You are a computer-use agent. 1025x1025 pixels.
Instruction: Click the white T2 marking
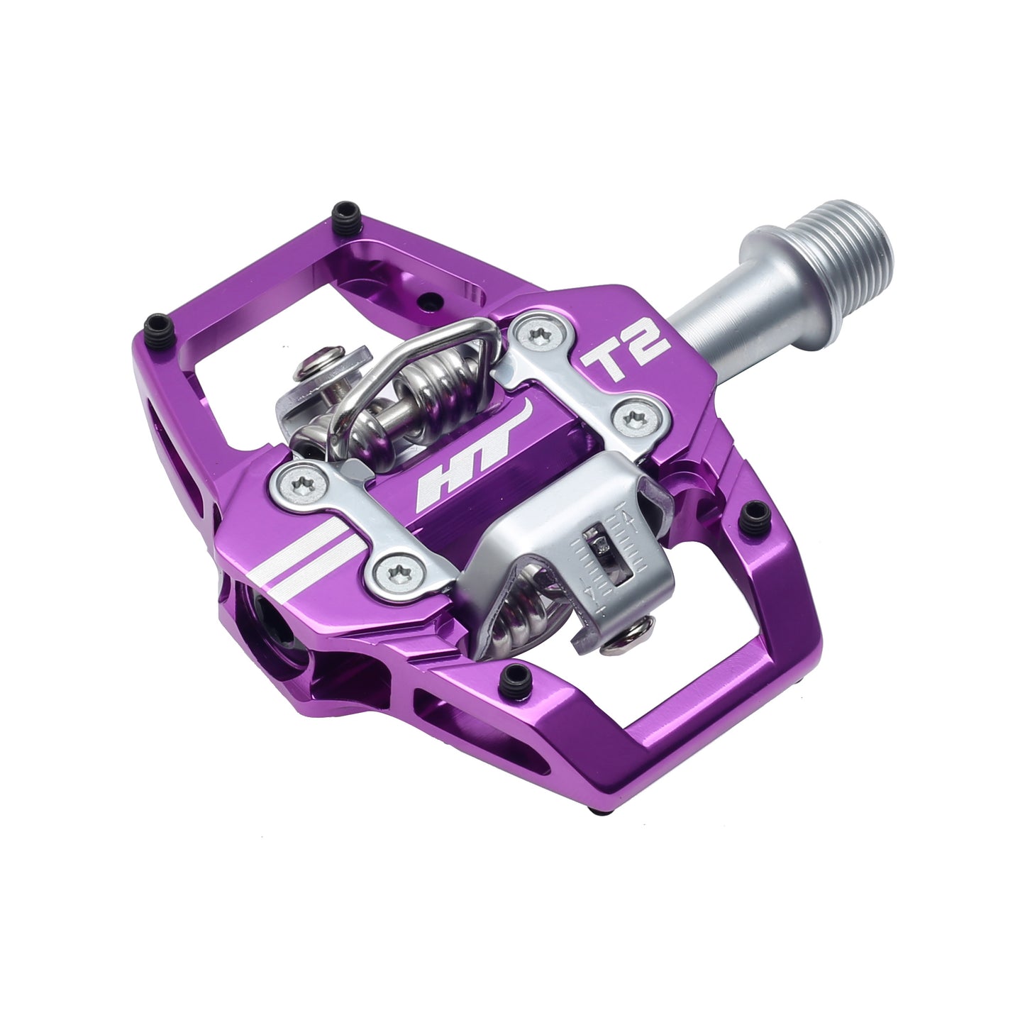pyautogui.click(x=626, y=349)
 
